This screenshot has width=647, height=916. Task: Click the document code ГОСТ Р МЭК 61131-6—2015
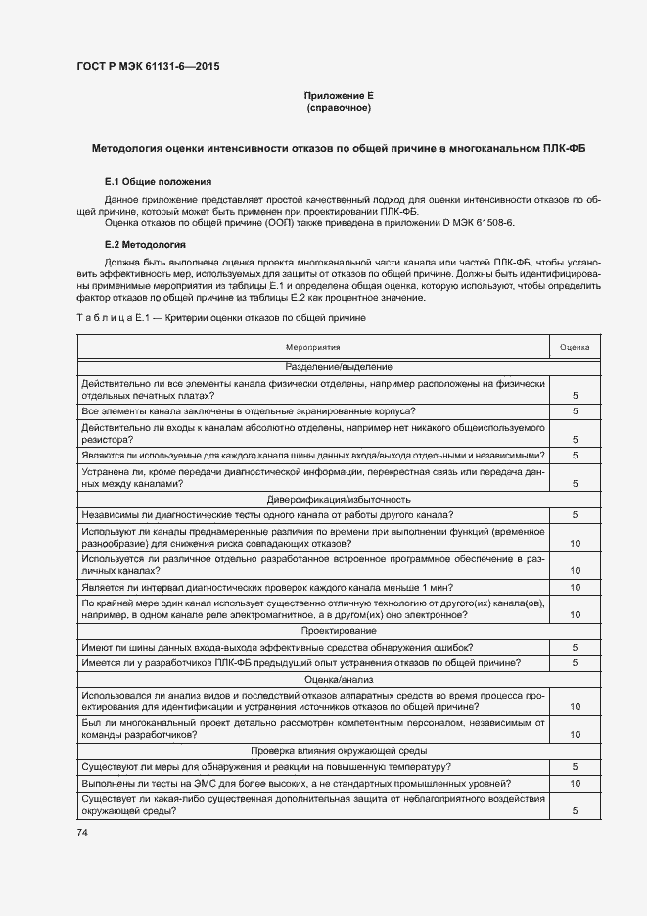[148, 66]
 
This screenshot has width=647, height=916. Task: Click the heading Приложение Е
[338, 95]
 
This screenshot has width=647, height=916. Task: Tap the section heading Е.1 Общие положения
[158, 183]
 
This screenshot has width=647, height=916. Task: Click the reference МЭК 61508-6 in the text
[508, 224]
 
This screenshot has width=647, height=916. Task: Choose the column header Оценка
[575, 347]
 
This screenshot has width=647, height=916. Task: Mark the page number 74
[82, 832]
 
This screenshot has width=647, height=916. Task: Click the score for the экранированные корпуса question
[575, 411]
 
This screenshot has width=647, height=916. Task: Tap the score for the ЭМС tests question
[575, 784]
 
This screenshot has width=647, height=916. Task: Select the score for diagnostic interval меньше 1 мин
[575, 587]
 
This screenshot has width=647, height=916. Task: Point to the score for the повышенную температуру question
[575, 766]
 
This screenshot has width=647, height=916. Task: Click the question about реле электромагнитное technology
[313, 608]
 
